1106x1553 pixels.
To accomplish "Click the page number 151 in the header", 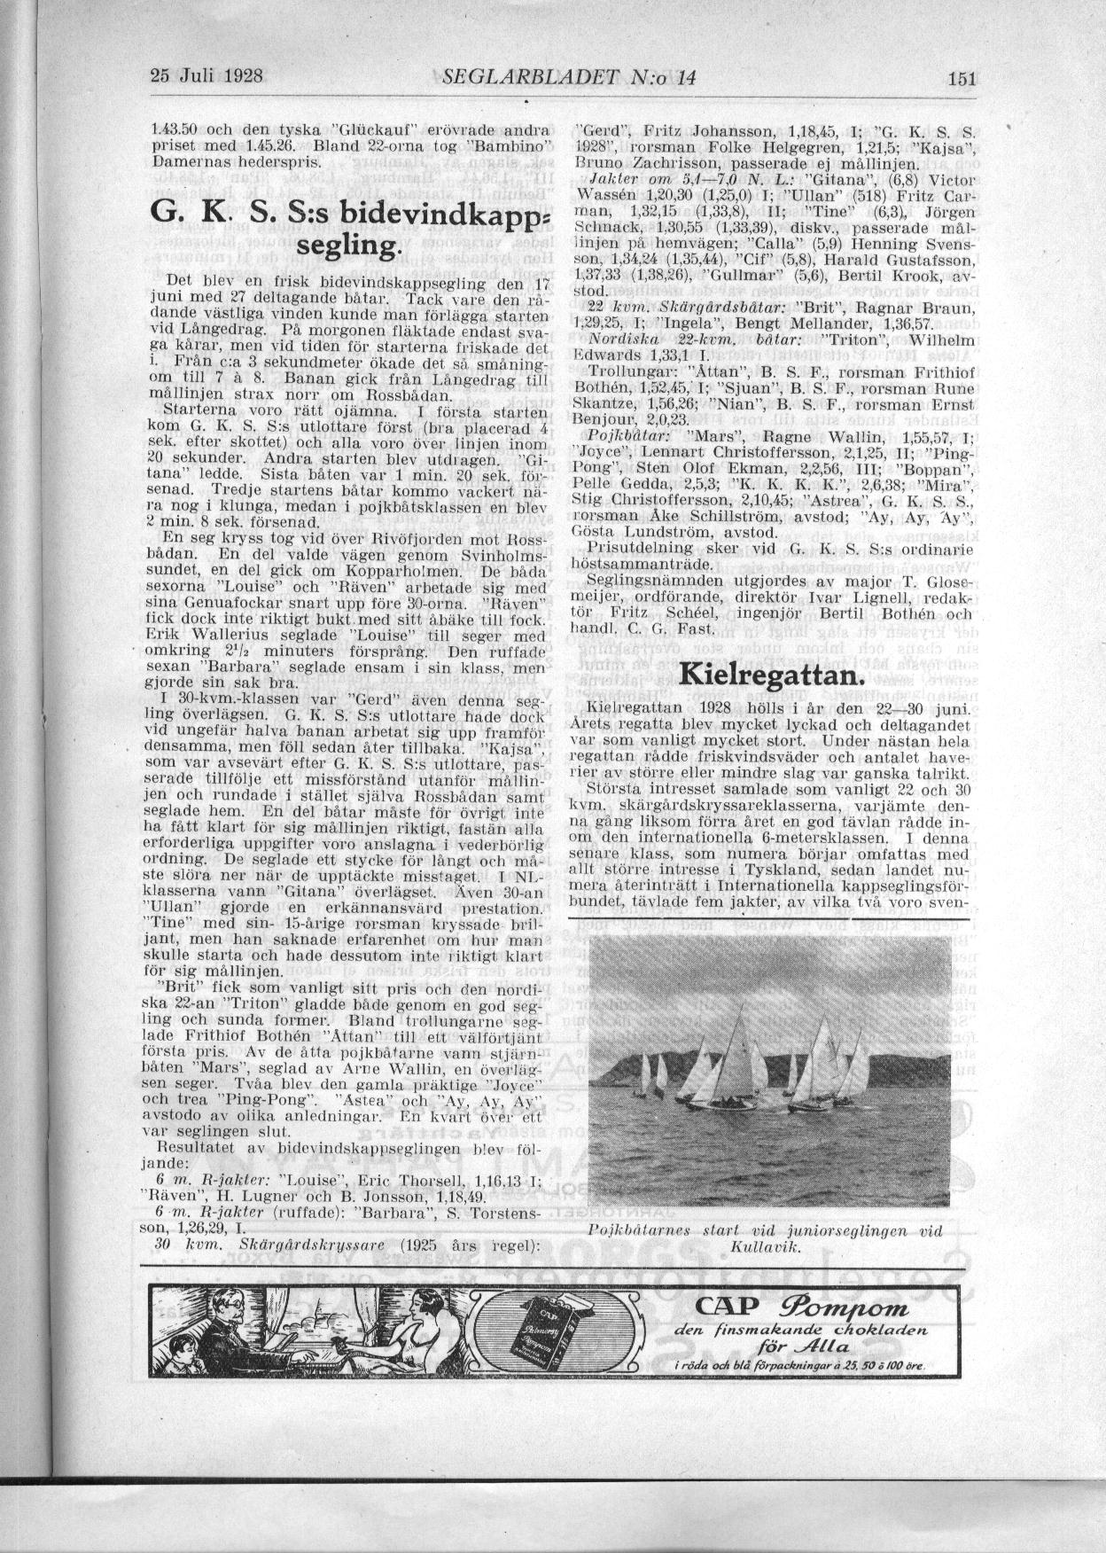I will pos(961,78).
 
